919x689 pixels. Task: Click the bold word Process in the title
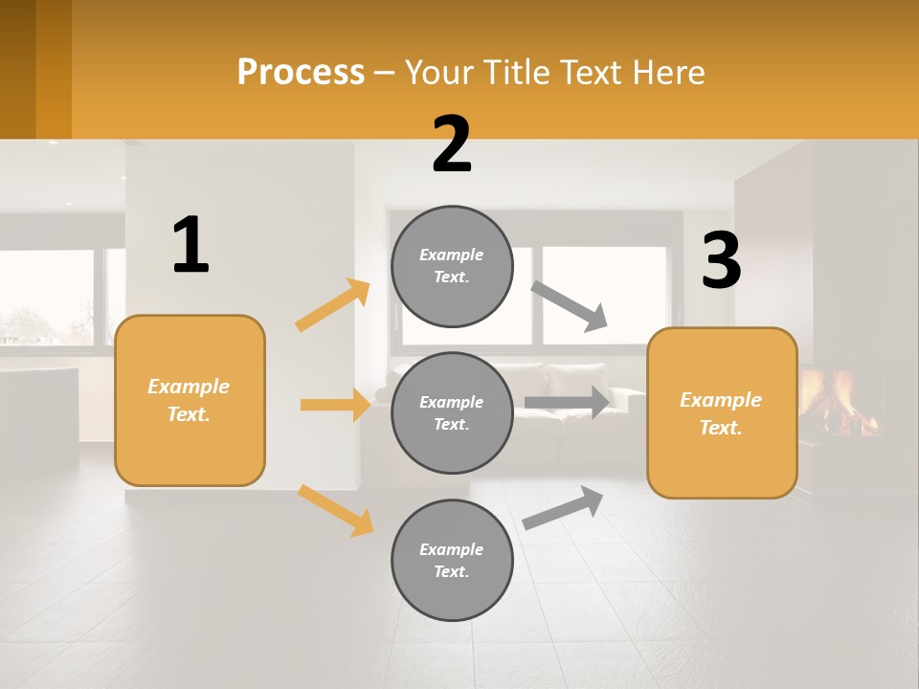point(301,73)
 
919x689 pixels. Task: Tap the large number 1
point(191,245)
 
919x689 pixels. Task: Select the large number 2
point(452,144)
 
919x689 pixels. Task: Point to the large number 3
point(721,261)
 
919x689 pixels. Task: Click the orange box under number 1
point(190,400)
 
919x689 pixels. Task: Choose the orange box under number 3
point(722,412)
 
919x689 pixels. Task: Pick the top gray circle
point(453,266)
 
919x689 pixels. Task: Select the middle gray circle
point(453,412)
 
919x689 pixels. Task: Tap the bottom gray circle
point(453,560)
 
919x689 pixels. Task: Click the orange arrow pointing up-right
point(333,305)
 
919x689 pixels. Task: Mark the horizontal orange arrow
point(335,405)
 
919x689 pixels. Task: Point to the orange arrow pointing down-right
point(335,510)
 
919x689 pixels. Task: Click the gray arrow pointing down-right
point(570,306)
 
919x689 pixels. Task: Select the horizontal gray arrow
point(567,403)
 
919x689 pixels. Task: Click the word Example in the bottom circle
point(452,549)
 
